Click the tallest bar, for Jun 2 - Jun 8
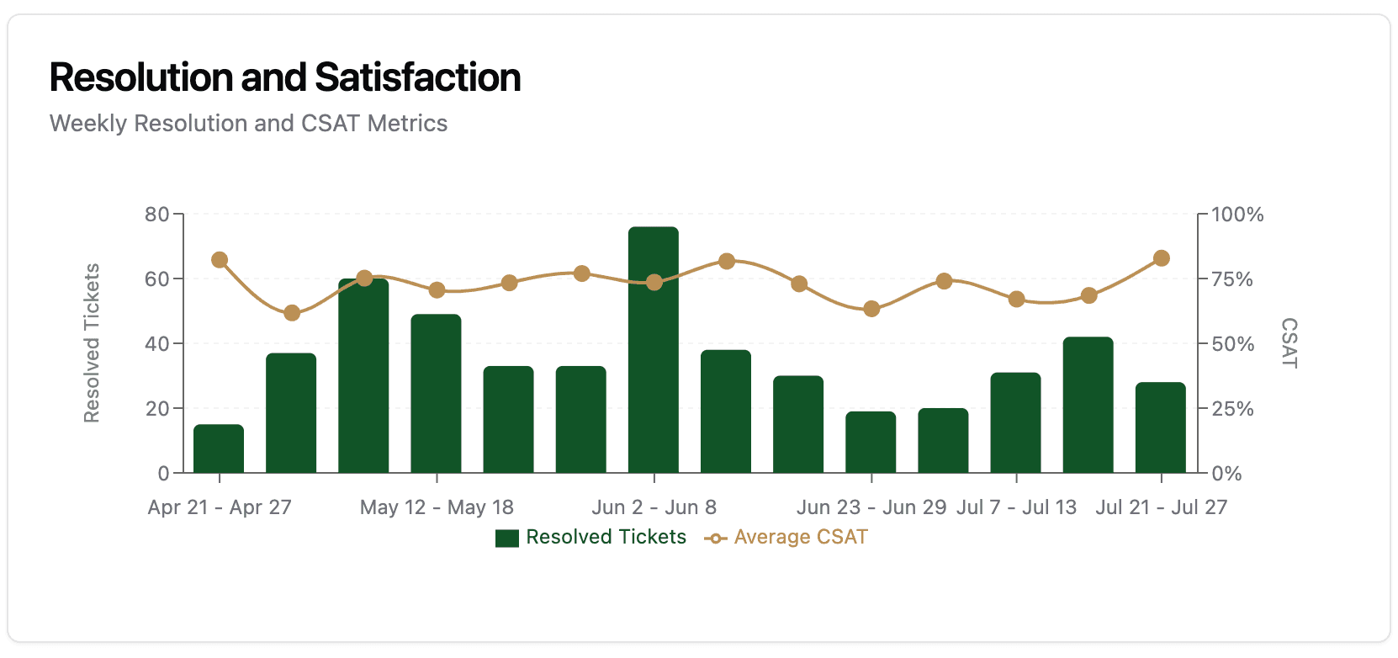(654, 350)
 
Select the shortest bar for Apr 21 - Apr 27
(219, 449)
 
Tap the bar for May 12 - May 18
(436, 394)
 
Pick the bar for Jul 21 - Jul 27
(1161, 428)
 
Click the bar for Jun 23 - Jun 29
(871, 443)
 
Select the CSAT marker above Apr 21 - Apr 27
(220, 260)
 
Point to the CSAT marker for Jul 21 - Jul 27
(1162, 258)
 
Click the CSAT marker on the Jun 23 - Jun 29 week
(871, 309)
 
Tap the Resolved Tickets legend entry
(591, 538)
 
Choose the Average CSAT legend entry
(786, 538)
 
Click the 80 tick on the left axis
(157, 215)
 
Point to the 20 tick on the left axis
(157, 409)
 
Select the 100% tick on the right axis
(1237, 215)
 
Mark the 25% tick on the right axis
(1232, 409)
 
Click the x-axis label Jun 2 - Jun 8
(654, 507)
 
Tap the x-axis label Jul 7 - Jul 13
(1016, 507)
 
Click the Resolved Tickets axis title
(92, 343)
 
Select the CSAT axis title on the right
(1289, 343)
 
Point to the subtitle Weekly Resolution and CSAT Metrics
(248, 124)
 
